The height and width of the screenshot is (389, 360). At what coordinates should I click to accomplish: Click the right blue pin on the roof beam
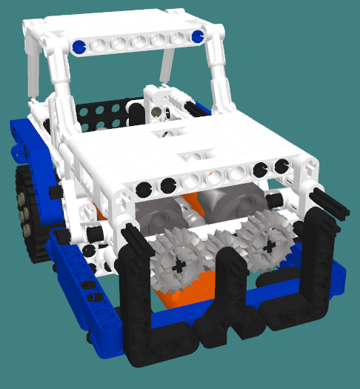pos(197,36)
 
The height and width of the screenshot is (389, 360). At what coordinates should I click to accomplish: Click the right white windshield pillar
pos(219,74)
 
